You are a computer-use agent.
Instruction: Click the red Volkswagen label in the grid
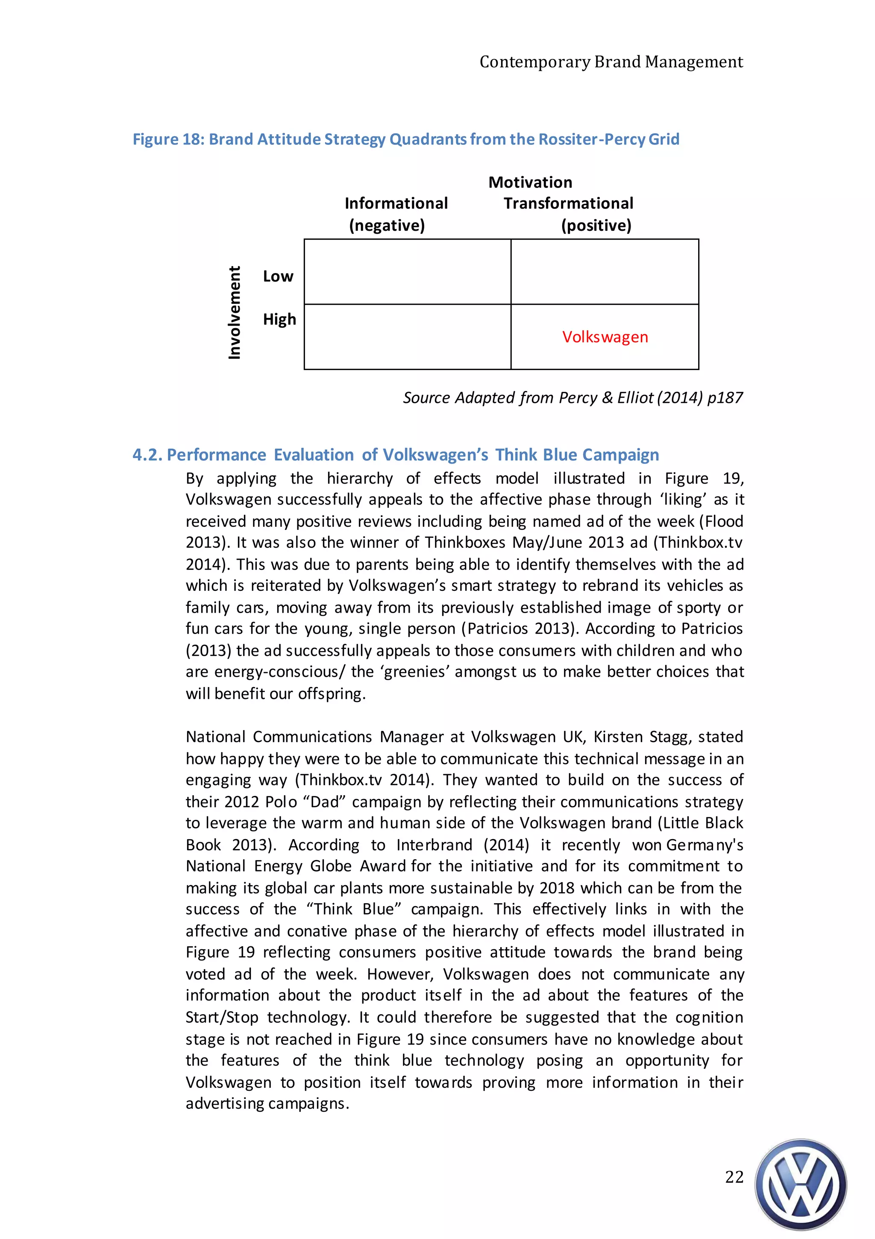pos(605,337)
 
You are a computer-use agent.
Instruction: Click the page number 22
pos(734,1177)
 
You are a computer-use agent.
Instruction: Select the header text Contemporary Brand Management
pos(611,62)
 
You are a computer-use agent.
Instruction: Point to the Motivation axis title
pos(530,182)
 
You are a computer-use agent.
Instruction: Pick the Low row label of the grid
pos(278,276)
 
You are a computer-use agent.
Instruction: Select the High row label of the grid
pos(279,320)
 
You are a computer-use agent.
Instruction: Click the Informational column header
pos(396,203)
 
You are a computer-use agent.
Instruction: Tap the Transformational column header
pos(568,203)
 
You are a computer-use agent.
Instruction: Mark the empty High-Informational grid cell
pos(408,337)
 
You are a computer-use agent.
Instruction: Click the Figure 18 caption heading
pos(406,139)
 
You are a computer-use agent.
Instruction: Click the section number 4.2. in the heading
pos(147,455)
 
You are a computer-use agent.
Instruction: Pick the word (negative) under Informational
pos(387,225)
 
